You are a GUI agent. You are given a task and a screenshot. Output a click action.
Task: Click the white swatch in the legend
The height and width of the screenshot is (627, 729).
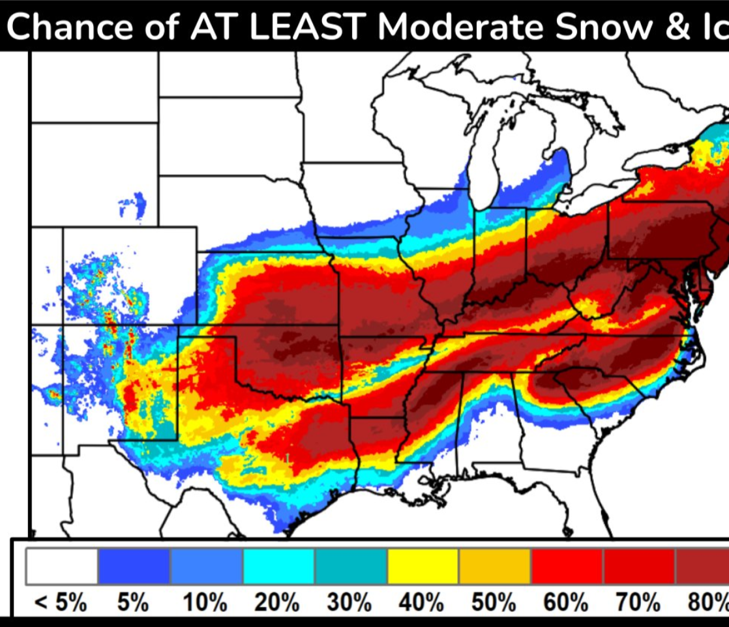click(61, 566)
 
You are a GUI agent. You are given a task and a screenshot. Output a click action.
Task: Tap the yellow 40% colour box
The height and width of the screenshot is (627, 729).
click(423, 566)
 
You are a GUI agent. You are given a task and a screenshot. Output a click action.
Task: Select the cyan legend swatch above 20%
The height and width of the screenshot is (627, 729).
click(278, 566)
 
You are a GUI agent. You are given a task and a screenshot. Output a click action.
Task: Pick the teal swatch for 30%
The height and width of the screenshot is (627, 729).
click(351, 566)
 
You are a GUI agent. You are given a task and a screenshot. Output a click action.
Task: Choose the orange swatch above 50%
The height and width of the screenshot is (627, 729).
click(495, 566)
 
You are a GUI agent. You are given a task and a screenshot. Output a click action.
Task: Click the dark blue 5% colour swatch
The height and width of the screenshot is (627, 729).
click(134, 566)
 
